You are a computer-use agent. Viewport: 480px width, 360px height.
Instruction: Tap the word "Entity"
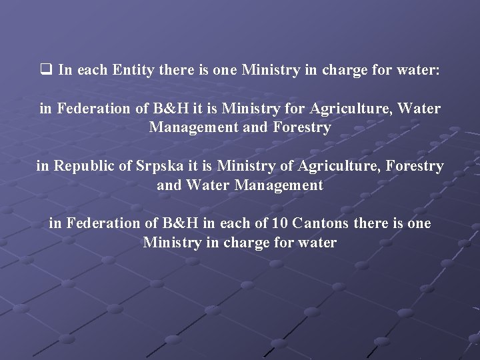pos(147,69)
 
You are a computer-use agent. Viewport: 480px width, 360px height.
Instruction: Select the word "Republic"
pos(89,165)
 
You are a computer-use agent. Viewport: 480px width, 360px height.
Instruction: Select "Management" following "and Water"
pos(280,185)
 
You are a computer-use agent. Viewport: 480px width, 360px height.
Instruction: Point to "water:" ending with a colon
pos(419,69)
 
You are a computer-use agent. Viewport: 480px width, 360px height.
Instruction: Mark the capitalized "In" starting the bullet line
pos(65,69)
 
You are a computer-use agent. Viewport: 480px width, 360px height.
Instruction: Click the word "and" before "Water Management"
pos(169,185)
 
